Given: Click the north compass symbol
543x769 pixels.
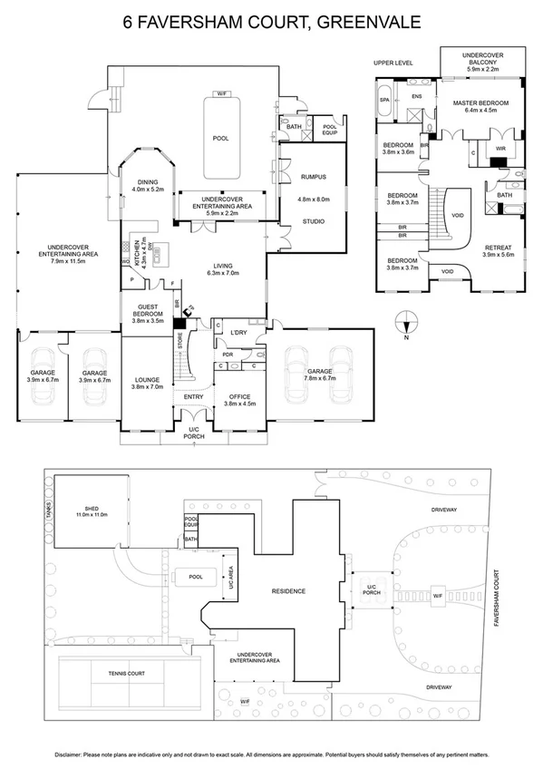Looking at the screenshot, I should click(407, 319).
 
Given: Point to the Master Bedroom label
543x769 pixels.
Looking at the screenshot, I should click(480, 103).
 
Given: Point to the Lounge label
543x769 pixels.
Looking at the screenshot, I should click(147, 381).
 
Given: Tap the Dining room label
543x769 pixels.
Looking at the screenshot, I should click(146, 182).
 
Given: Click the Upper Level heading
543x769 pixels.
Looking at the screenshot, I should click(393, 63).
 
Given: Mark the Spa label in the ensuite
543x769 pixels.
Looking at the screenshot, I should click(383, 100).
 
